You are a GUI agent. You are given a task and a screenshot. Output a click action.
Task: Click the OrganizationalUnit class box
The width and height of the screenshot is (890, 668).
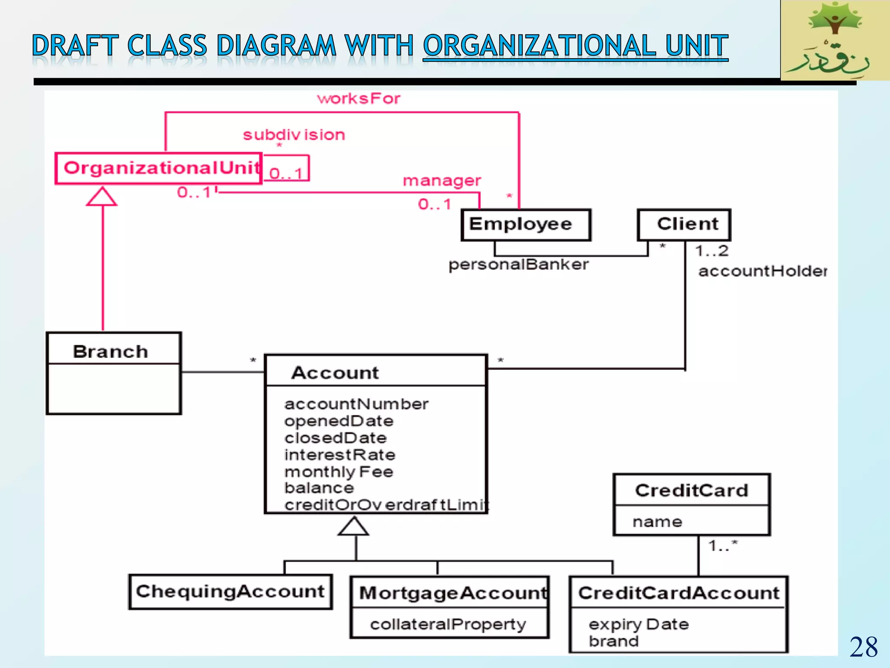point(159,168)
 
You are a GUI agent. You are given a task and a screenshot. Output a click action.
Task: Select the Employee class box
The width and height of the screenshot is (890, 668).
point(526,225)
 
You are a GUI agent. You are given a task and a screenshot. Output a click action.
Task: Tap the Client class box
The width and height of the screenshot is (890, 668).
point(684,225)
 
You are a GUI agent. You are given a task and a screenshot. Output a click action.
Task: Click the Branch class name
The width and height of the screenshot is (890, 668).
point(110,351)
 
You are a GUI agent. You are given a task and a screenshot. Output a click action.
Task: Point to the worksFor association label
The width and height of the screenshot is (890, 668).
point(359,99)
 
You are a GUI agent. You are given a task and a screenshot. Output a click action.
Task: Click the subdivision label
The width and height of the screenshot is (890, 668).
point(294,135)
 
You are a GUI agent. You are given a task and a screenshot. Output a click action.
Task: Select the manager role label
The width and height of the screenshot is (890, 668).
point(442,180)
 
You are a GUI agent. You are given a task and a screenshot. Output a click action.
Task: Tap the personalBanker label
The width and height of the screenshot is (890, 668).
point(518,264)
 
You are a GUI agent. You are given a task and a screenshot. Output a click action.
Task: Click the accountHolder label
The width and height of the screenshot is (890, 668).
point(762,271)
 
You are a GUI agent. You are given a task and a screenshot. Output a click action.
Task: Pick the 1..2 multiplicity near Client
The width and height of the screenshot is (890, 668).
point(711,251)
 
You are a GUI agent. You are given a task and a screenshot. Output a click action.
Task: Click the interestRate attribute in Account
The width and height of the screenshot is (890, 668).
point(340,455)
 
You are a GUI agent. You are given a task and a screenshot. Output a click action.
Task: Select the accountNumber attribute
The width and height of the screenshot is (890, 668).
point(356,404)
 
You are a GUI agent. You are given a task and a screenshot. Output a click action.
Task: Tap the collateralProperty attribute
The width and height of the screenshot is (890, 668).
point(448,625)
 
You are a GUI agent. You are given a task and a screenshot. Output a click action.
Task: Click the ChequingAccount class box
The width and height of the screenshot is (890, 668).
point(230,592)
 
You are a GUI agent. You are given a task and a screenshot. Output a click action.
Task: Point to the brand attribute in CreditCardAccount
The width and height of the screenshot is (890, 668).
point(614,641)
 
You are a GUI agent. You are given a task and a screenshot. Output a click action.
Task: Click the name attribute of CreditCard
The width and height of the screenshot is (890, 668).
point(657,522)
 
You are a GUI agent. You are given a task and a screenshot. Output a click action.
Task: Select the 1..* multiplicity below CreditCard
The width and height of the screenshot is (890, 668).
point(722,545)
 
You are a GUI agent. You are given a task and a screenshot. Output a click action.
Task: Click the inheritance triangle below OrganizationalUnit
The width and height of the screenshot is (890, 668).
point(102,197)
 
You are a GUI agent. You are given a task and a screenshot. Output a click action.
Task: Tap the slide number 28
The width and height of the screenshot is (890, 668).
point(863,647)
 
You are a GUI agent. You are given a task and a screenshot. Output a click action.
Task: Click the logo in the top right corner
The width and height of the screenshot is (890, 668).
point(835,40)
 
